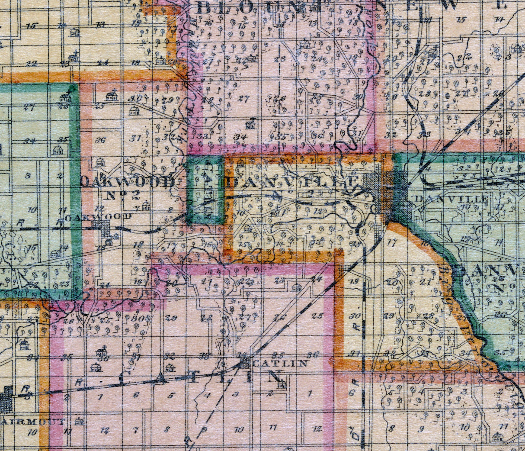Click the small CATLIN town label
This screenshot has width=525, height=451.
(280, 363)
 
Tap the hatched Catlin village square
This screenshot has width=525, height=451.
(245, 363)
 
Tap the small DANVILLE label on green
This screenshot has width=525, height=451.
(451, 199)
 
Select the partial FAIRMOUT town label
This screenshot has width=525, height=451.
(32, 421)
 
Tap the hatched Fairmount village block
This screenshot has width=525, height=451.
(6, 399)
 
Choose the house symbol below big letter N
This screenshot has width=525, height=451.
(281, 384)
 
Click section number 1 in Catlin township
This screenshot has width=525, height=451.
(309, 394)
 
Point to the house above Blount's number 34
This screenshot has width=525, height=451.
(250, 125)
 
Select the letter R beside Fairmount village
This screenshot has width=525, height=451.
(26, 388)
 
